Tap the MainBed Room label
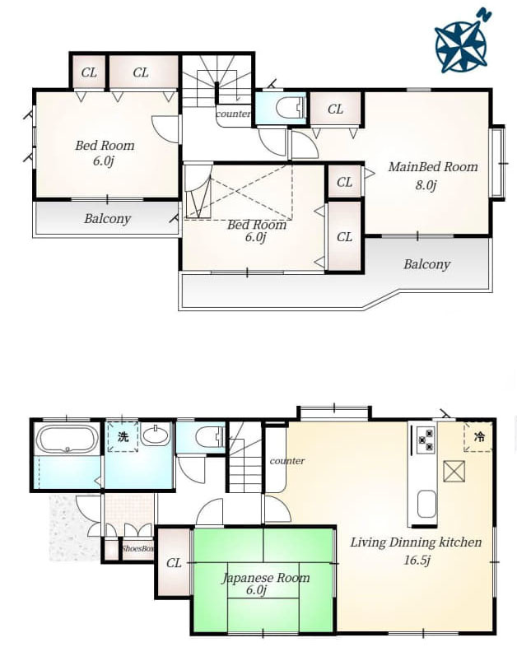point(433,167)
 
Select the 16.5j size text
point(417,561)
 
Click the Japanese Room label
point(266,578)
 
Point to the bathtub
point(68,439)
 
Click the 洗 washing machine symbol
point(123,436)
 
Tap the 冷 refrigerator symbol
point(478,436)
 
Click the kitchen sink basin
point(426,505)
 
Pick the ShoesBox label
point(137,549)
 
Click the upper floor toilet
point(289,108)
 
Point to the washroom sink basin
point(155,435)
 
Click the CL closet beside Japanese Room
point(174,563)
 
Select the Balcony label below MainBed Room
point(426,264)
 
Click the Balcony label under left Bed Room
point(107,218)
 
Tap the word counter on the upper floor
point(233,114)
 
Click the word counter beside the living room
point(287,460)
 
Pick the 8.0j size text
point(426,185)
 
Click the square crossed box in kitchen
point(454,471)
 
